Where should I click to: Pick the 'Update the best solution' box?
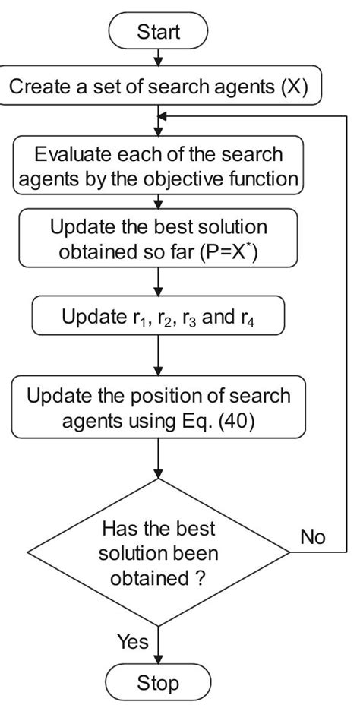(x=159, y=239)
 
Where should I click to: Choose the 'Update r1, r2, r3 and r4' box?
(x=159, y=316)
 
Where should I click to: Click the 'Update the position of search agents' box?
(x=159, y=408)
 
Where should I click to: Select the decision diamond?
(x=159, y=552)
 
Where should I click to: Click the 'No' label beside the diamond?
(x=312, y=537)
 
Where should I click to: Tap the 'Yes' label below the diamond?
(x=132, y=641)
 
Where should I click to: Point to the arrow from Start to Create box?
(x=159, y=58)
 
